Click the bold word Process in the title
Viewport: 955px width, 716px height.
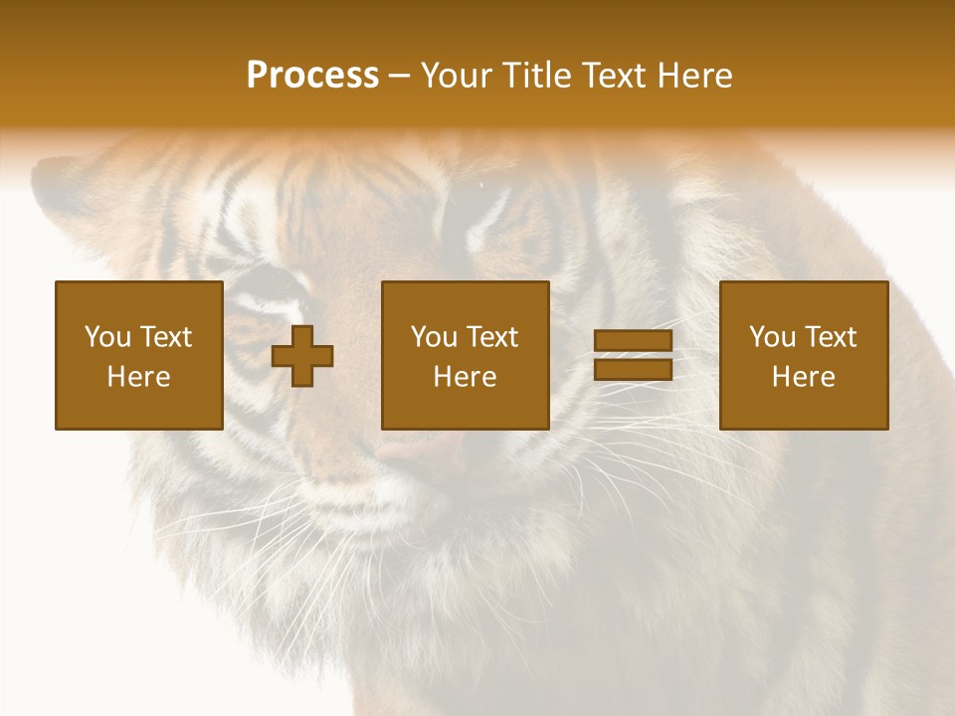tap(312, 76)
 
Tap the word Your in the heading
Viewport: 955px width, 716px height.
tap(457, 76)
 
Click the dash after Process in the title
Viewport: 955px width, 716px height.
tap(400, 77)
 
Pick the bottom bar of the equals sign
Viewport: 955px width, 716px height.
tap(633, 369)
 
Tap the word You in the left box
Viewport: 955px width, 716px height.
tap(106, 337)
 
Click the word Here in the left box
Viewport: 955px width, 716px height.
tap(138, 377)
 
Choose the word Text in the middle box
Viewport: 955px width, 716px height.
tap(491, 337)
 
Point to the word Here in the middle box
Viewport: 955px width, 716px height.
tap(465, 377)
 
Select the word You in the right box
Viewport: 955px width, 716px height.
tap(772, 337)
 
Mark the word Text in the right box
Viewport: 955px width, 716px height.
tap(830, 337)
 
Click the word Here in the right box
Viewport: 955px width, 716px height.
tap(803, 377)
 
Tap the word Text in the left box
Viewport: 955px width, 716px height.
tap(165, 337)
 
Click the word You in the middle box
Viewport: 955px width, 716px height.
tap(434, 337)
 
